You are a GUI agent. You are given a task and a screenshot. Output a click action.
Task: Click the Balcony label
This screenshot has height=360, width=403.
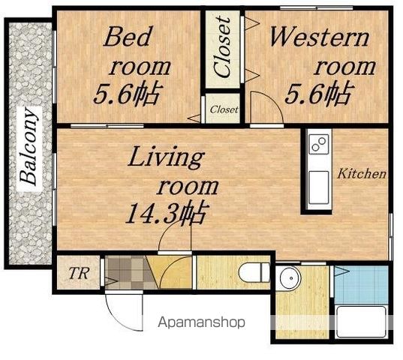click(29, 147)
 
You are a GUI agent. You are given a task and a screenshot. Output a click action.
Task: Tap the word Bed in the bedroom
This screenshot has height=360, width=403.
click(128, 37)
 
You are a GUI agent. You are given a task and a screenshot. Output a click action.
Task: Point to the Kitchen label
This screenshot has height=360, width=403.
click(362, 174)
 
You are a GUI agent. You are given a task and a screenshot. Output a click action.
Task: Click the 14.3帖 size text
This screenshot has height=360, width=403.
click(167, 212)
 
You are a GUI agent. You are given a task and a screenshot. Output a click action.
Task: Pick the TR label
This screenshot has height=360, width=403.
click(79, 273)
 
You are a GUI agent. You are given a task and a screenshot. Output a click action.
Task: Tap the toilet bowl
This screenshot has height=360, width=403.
click(254, 273)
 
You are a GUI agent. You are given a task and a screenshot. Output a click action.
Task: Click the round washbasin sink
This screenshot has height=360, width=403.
click(290, 278)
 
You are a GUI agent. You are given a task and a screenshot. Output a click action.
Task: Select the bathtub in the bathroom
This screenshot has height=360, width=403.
click(362, 322)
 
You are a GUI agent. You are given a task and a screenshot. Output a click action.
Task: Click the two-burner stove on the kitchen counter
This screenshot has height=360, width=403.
click(319, 144)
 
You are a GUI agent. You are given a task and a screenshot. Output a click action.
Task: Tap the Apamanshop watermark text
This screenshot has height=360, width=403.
click(201, 322)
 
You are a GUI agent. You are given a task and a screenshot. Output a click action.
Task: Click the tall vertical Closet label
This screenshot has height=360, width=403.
click(222, 46)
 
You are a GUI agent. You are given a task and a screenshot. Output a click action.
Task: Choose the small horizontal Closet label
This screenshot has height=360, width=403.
click(224, 110)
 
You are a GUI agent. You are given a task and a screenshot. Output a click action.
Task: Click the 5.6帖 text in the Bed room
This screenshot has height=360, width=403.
click(128, 94)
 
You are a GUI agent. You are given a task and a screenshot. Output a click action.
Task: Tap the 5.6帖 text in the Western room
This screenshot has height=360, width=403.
click(319, 93)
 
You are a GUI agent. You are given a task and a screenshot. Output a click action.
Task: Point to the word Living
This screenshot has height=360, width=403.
click(166, 157)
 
